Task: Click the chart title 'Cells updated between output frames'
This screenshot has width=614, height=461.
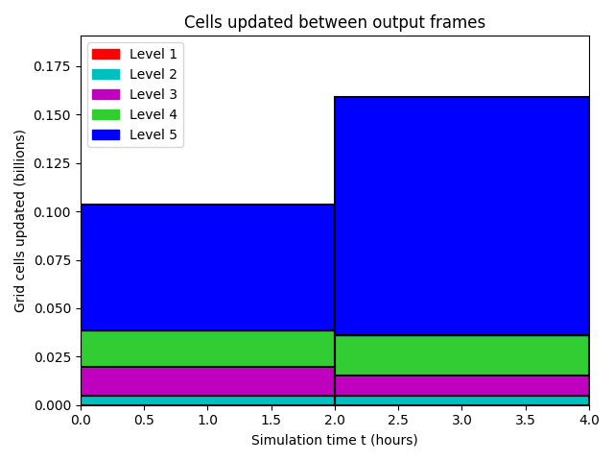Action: [x=335, y=22]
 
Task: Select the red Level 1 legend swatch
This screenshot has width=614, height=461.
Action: [x=106, y=54]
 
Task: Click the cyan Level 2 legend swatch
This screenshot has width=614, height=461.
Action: [x=106, y=75]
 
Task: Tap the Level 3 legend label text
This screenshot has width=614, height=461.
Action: [x=153, y=94]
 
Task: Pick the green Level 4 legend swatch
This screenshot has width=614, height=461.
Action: [x=106, y=114]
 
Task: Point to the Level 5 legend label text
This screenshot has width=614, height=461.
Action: [x=153, y=134]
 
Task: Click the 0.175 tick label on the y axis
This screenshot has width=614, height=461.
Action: [x=52, y=66]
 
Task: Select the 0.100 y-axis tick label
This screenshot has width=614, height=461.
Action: [x=52, y=212]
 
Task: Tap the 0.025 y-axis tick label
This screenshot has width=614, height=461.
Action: [x=52, y=357]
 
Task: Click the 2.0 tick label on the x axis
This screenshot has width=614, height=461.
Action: [x=335, y=421]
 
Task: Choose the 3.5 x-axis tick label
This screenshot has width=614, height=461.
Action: [x=525, y=421]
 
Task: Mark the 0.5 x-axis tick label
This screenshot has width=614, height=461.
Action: [x=144, y=421]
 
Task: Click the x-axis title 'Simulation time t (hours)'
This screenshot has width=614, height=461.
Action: [x=335, y=440]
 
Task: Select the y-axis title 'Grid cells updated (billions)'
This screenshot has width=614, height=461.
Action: [x=19, y=221]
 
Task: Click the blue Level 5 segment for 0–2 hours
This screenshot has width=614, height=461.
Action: [x=207, y=267]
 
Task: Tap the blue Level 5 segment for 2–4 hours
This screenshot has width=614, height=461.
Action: [x=461, y=216]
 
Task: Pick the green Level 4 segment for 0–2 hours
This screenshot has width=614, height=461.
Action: [x=207, y=349]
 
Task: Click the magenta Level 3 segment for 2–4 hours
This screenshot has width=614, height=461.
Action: [x=461, y=386]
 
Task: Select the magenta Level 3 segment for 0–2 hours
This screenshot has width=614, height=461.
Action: [x=207, y=381]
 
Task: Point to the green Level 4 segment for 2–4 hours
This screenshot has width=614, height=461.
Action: [x=461, y=355]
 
